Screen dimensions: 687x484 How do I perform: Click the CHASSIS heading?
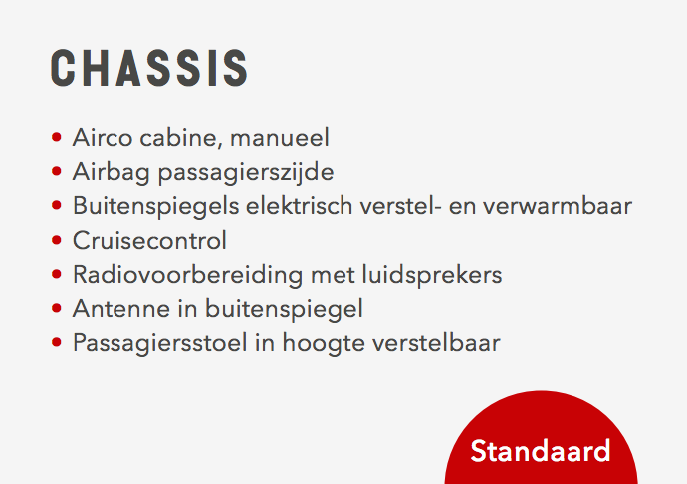pyautogui.click(x=149, y=68)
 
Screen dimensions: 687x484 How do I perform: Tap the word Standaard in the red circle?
pyautogui.click(x=541, y=451)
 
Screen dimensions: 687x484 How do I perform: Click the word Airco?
pyautogui.click(x=103, y=138)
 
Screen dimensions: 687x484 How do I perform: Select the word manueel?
pyautogui.click(x=280, y=138)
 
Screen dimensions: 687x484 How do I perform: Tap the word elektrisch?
pyautogui.click(x=300, y=206)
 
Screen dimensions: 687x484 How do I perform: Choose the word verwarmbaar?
pyautogui.click(x=558, y=206)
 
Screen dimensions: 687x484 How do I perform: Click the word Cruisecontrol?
pyautogui.click(x=149, y=240)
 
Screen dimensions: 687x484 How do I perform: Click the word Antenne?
pyautogui.click(x=121, y=308)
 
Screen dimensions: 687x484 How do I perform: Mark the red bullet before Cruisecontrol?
pyautogui.click(x=56, y=240)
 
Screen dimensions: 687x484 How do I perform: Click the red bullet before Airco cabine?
pyautogui.click(x=56, y=137)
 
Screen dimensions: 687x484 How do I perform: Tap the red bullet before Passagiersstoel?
pyautogui.click(x=56, y=342)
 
